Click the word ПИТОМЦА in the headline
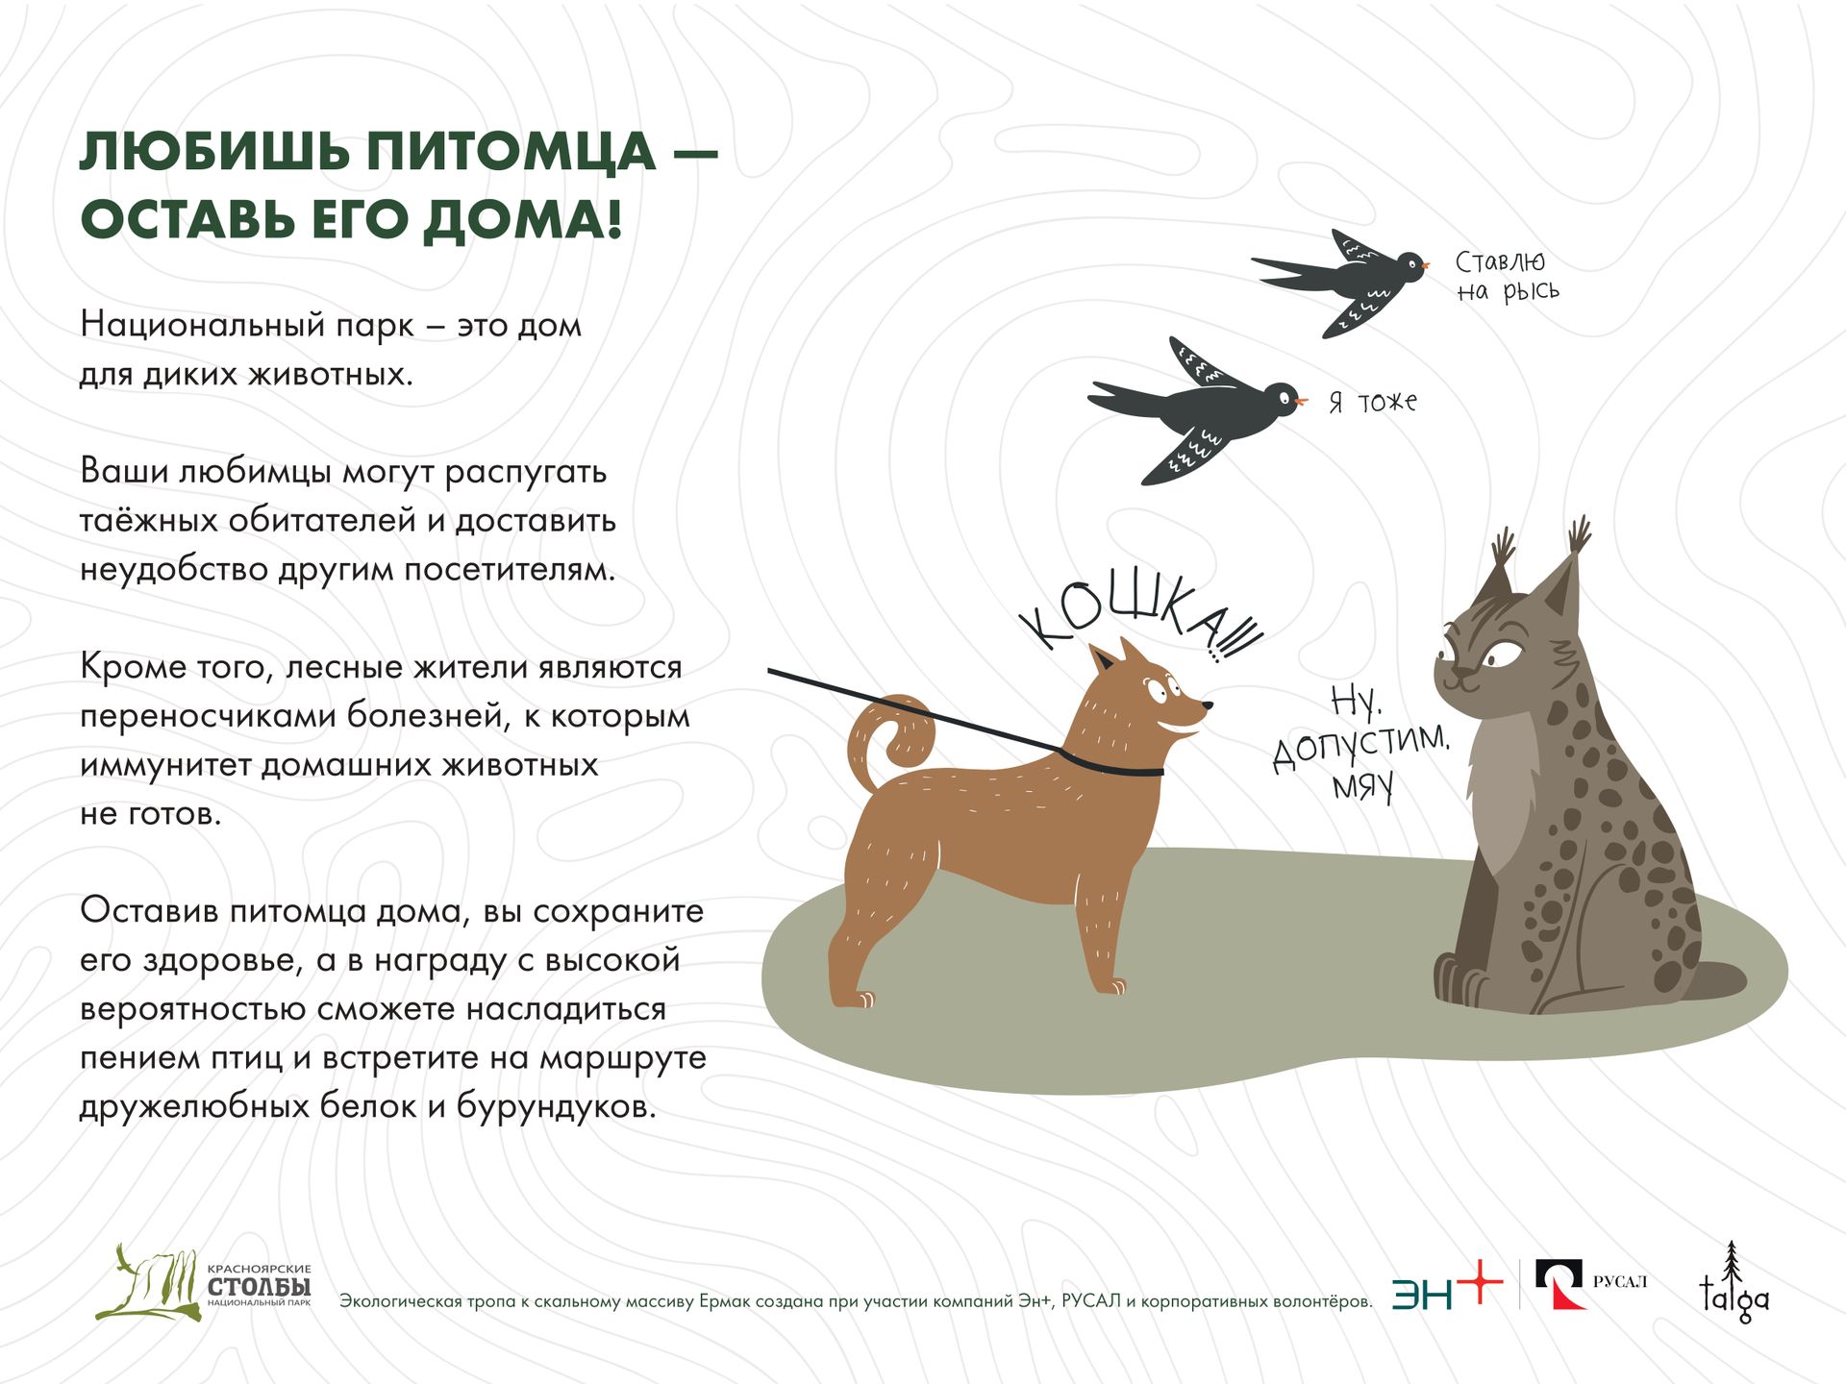tap(511, 153)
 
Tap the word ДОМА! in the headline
tap(523, 220)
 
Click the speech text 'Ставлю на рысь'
tap(1507, 276)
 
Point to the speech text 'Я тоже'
tap(1373, 402)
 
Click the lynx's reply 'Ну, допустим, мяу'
tap(1360, 744)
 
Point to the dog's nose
tap(1207, 706)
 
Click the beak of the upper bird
tap(1426, 264)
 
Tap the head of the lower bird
tap(1282, 396)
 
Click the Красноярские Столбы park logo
tap(203, 1283)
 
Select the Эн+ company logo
tap(1446, 1286)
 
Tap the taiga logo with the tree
tap(1734, 1283)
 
